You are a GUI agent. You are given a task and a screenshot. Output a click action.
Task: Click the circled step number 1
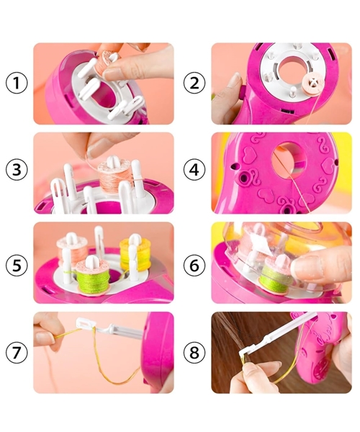tap(17, 83)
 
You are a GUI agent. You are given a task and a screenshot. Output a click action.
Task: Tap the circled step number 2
tap(194, 83)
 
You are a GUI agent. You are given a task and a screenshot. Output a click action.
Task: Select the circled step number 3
tap(17, 169)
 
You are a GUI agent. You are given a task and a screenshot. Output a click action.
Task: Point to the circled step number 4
tap(194, 169)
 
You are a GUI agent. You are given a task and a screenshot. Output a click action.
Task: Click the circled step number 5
tap(17, 265)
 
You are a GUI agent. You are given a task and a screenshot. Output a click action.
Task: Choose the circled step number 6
tap(194, 265)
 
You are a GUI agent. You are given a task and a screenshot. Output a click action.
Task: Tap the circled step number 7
tap(17, 352)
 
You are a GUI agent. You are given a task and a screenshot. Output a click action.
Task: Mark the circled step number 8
tap(194, 352)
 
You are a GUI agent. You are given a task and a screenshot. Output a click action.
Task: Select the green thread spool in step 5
tap(92, 278)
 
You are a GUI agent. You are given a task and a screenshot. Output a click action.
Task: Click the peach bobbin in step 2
tap(311, 84)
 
